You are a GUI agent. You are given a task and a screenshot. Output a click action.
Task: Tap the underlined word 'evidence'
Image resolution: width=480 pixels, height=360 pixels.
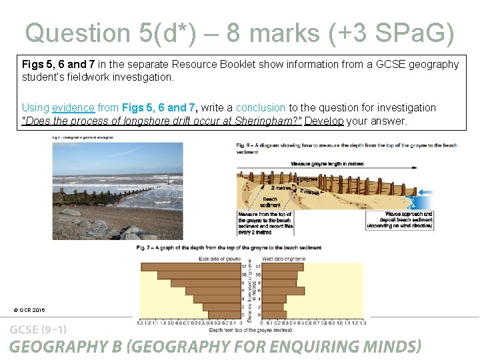click(x=75, y=107)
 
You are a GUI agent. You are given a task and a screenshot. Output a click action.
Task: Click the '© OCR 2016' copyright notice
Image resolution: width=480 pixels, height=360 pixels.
click(x=29, y=310)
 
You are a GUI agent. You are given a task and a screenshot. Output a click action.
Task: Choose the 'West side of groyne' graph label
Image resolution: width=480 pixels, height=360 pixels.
click(x=284, y=258)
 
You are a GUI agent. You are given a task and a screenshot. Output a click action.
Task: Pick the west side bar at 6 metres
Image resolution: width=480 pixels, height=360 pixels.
click(x=283, y=291)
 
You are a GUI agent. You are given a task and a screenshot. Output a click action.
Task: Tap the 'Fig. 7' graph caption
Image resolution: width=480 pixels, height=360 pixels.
click(x=229, y=248)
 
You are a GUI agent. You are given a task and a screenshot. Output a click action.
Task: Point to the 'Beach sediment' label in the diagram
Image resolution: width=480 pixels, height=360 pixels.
click(x=270, y=202)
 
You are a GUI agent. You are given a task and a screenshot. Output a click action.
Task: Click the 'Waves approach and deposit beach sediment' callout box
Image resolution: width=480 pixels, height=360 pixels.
click(x=399, y=220)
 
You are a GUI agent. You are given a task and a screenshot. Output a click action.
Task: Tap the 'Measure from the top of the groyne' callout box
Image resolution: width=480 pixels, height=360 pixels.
click(x=265, y=220)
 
